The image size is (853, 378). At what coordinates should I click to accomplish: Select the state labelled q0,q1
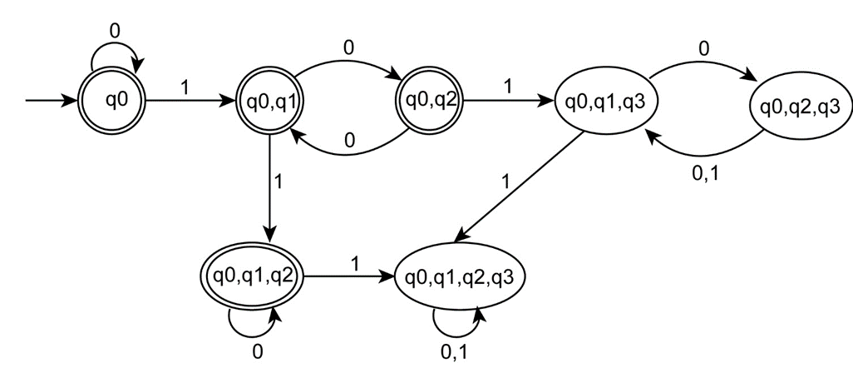[269, 102]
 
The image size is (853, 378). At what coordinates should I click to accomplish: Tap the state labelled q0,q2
[427, 102]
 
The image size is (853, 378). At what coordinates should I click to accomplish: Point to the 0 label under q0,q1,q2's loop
[257, 352]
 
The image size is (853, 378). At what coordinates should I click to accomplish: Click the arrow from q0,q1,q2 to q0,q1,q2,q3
[349, 275]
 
